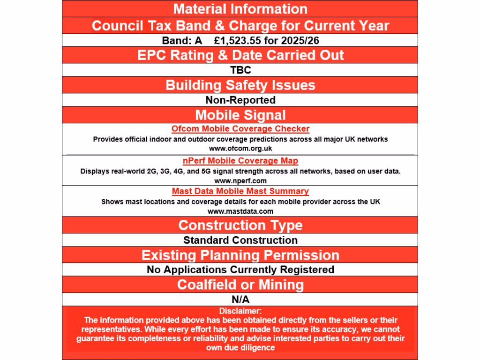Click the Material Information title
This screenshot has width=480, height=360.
[240, 9]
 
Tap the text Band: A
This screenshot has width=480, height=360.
[182, 41]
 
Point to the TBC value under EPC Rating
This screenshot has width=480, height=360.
[240, 70]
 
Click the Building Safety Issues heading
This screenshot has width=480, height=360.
[240, 85]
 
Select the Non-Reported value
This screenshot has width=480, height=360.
[240, 100]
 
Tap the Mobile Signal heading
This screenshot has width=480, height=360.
[240, 115]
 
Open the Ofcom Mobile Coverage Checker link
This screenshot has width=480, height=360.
[240, 129]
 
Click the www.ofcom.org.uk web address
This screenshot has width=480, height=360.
[240, 149]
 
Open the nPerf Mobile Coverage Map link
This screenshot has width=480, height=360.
[240, 161]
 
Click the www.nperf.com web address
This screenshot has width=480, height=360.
[240, 180]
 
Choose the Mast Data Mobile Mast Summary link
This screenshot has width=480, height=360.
[240, 191]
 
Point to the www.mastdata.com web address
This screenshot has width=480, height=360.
[240, 211]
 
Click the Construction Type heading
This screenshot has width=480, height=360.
[240, 225]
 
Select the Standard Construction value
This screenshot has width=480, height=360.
[240, 240]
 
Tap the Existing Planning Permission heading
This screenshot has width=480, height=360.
[240, 255]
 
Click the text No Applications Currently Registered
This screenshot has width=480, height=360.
[240, 270]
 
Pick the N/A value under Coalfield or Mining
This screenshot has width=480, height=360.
[240, 300]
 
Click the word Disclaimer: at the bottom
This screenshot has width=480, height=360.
[240, 311]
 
